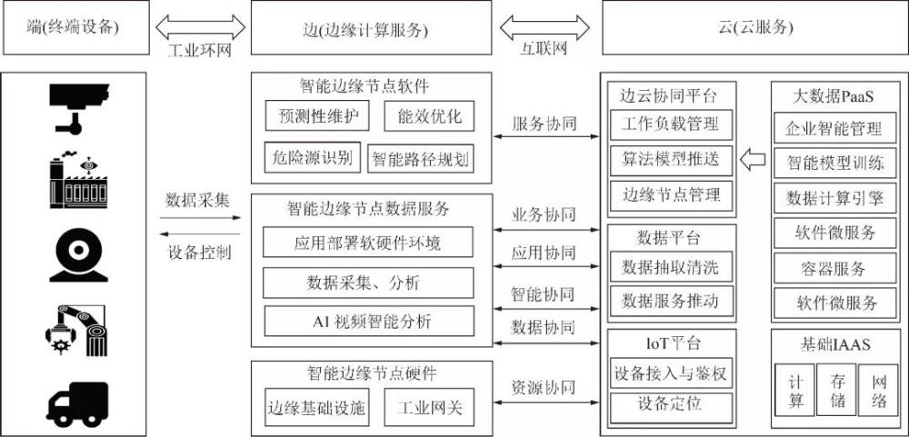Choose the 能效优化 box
429,116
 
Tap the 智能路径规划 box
420,159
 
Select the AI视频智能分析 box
368,320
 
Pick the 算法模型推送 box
670,159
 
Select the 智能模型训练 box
834,164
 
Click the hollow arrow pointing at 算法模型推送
753,160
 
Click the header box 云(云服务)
754,27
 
